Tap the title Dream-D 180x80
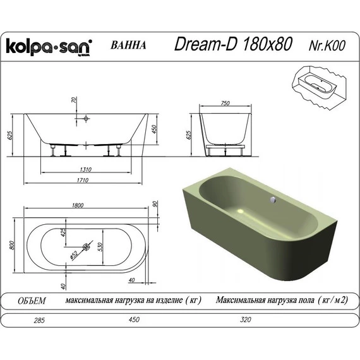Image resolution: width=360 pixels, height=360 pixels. tap(233, 44)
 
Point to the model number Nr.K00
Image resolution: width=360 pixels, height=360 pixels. tap(327, 45)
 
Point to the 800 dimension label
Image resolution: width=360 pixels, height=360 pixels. tap(11, 246)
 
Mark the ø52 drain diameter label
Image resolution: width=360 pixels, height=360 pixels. tap(73, 254)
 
